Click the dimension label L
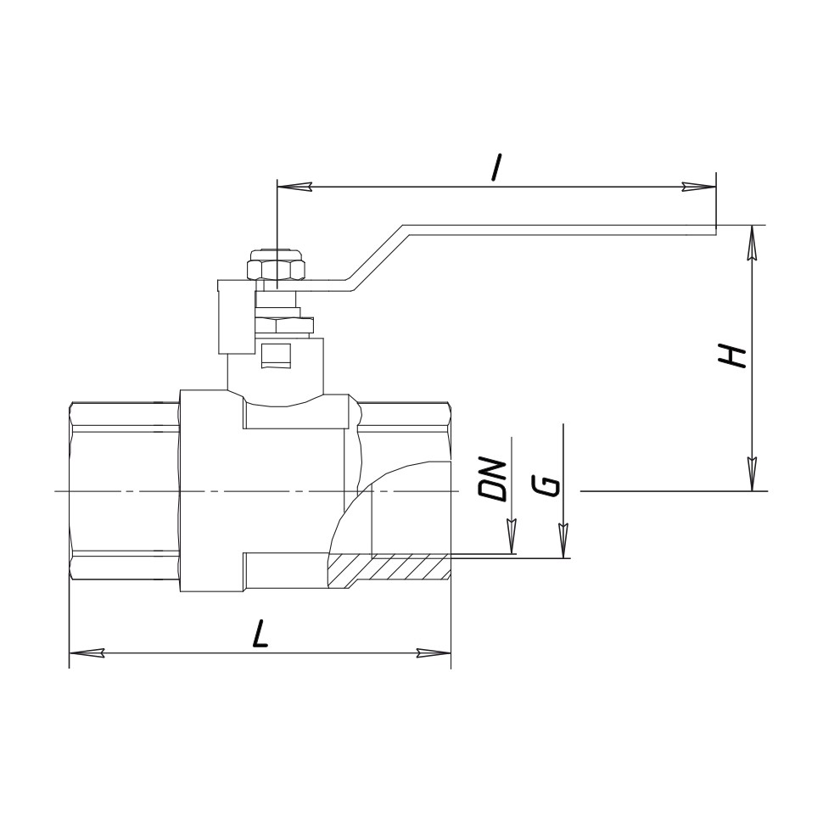(x=260, y=634)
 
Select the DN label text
(x=492, y=479)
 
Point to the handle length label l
(x=496, y=167)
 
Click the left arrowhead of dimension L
(x=87, y=653)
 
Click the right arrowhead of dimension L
(x=434, y=653)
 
